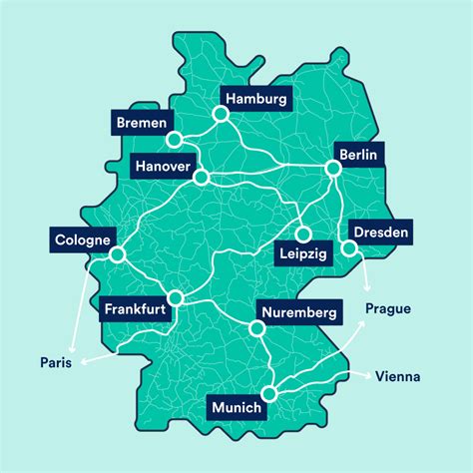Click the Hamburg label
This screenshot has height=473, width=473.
click(256, 99)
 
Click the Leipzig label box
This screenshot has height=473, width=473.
click(300, 255)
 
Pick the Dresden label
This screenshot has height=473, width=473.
click(379, 233)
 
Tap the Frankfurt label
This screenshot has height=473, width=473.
click(135, 309)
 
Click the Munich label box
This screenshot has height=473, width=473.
click(236, 407)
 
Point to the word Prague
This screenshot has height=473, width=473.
click(387, 308)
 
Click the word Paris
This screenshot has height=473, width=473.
click(56, 361)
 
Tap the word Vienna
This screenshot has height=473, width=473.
click(397, 377)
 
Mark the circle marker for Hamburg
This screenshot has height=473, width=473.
click(221, 115)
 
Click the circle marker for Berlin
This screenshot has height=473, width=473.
click(333, 170)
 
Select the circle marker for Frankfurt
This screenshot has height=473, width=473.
click(177, 296)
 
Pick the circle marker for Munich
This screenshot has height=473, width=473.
click(269, 394)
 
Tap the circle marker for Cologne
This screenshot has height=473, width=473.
click(118, 255)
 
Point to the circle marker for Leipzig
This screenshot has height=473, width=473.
click(301, 236)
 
